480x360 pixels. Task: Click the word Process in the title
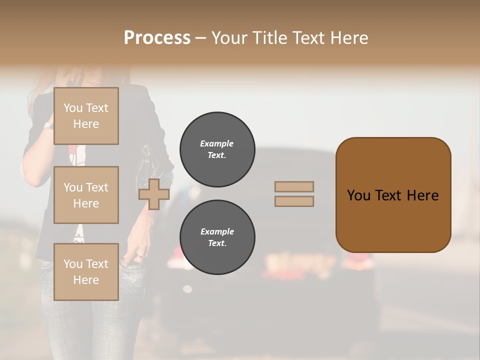pyautogui.click(x=157, y=38)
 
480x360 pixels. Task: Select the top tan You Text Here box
pyautogui.click(x=86, y=116)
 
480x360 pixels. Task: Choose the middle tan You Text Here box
pyautogui.click(x=86, y=195)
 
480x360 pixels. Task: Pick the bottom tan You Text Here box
pyautogui.click(x=86, y=272)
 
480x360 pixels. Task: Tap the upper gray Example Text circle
pyautogui.click(x=217, y=149)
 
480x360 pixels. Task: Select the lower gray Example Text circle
pyautogui.click(x=217, y=237)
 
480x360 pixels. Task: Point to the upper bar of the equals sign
pyautogui.click(x=294, y=187)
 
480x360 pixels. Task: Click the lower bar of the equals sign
pyautogui.click(x=294, y=201)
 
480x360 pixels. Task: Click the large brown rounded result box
pyautogui.click(x=393, y=195)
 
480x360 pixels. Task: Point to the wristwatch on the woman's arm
pyautogui.click(x=48, y=125)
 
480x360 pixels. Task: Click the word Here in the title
pyautogui.click(x=348, y=38)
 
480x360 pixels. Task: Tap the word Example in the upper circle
pyautogui.click(x=217, y=143)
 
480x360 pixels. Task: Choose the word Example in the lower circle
pyautogui.click(x=217, y=231)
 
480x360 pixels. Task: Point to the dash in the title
pyautogui.click(x=201, y=38)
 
